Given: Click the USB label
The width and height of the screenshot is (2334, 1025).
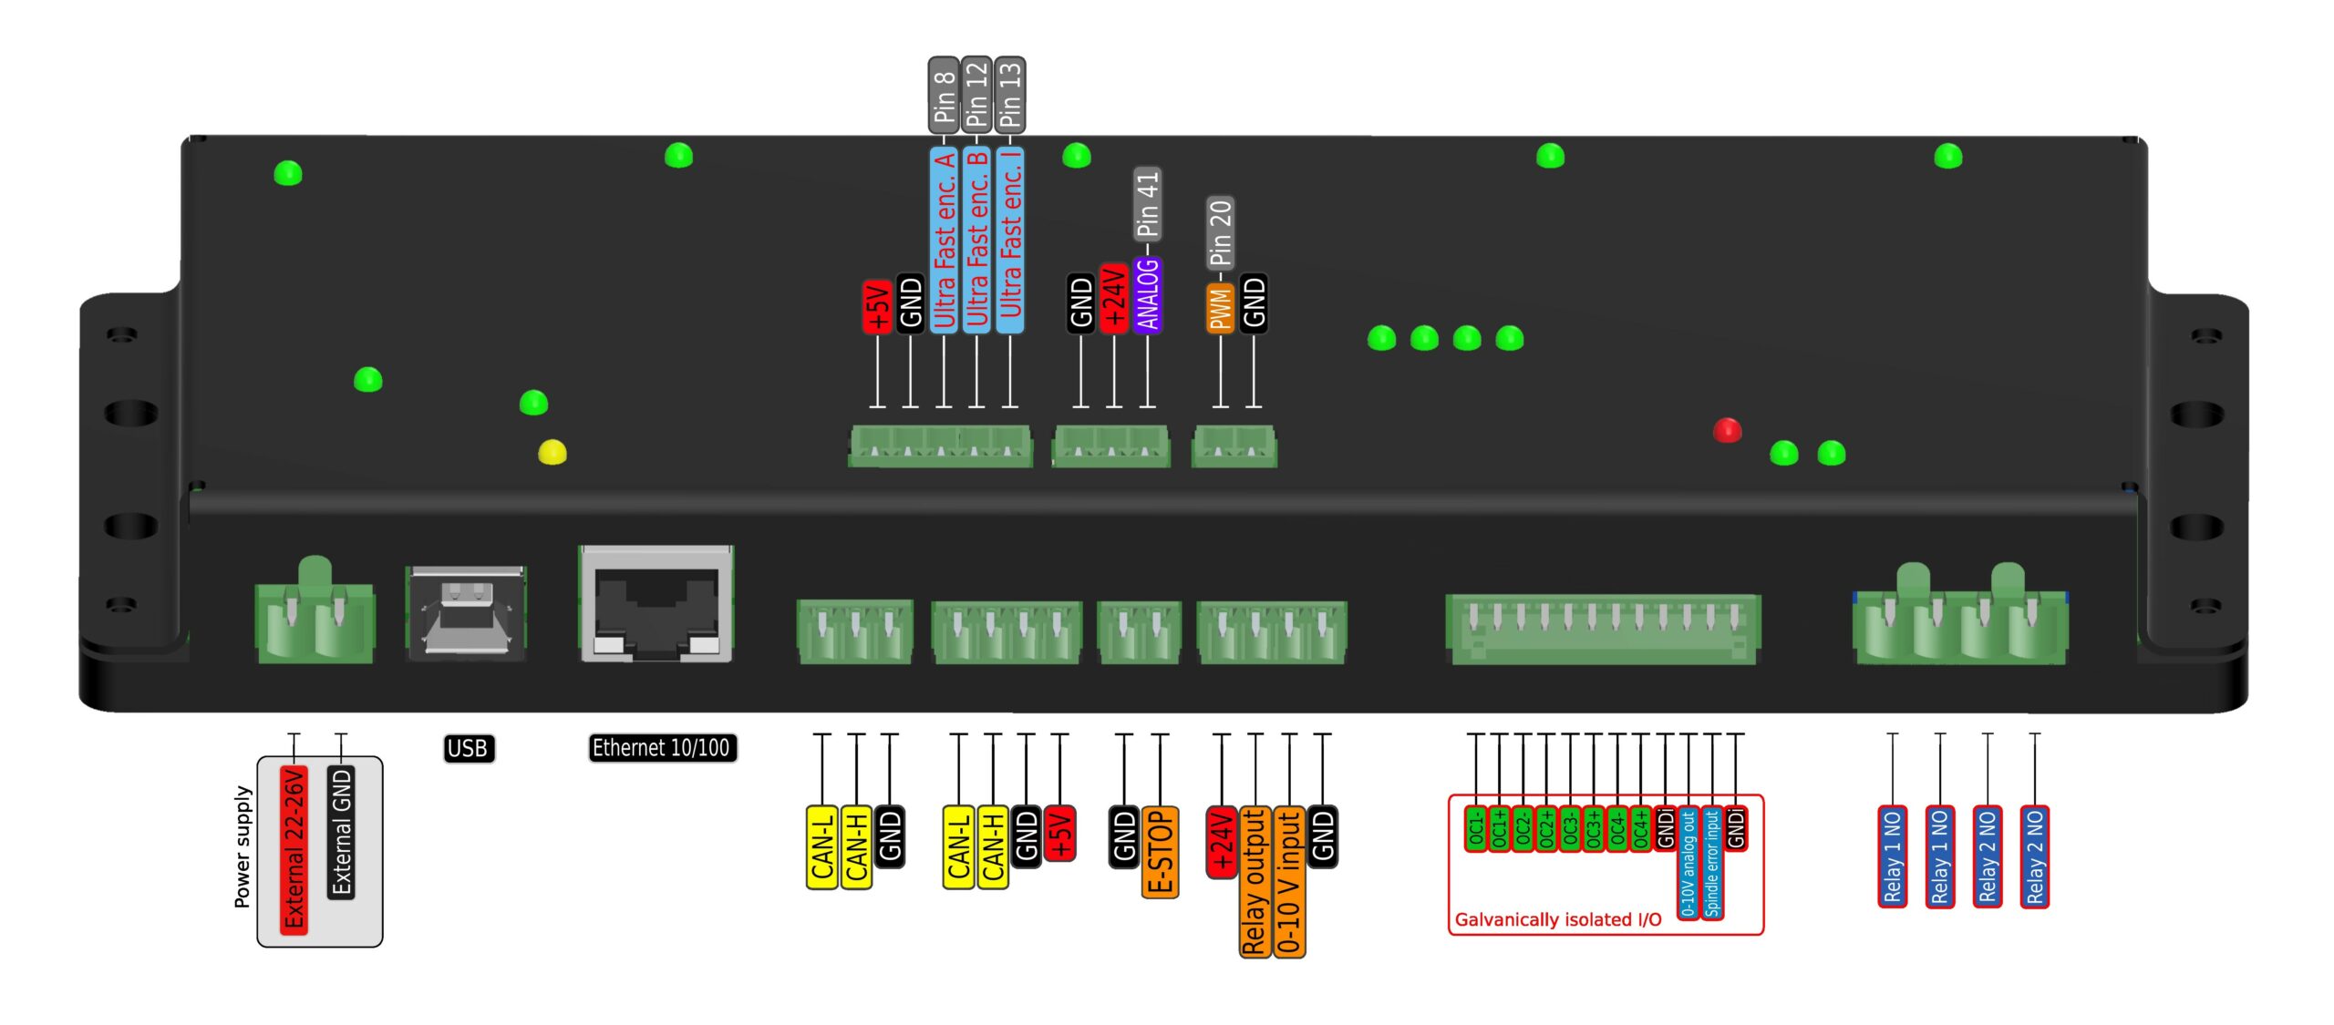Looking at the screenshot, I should [468, 748].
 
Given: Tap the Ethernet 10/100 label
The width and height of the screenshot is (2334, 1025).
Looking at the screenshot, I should [661, 748].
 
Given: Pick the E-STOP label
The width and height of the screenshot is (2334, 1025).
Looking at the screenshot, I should [1160, 851].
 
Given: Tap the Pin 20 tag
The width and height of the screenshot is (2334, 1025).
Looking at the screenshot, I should [1221, 232].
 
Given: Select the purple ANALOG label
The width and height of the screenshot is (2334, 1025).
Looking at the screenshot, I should [1148, 294].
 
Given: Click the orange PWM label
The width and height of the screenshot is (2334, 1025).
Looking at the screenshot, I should [1221, 308].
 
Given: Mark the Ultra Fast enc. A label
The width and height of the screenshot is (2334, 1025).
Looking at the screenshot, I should [944, 239].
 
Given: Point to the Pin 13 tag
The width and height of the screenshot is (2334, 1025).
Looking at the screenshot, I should [1010, 94].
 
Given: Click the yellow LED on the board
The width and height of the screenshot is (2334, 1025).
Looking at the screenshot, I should [553, 452].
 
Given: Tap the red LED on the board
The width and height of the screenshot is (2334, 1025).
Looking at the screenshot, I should [1727, 430].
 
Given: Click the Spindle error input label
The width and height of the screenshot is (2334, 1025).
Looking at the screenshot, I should [1712, 862].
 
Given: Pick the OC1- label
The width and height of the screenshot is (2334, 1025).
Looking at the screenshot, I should [1476, 828].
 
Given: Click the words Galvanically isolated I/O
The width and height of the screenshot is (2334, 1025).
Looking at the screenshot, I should [1558, 919].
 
